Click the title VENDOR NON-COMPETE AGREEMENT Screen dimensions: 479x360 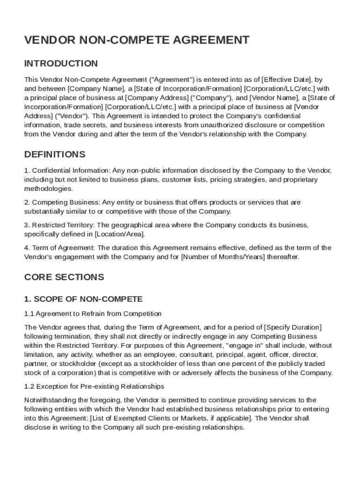[x=137, y=41]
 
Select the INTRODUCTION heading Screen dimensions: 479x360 [x=61, y=64]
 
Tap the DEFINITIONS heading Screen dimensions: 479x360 [x=55, y=154]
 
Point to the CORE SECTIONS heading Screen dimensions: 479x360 [x=64, y=277]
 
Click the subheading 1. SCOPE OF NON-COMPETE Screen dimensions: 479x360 [x=83, y=299]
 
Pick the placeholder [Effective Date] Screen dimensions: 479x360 [x=286, y=79]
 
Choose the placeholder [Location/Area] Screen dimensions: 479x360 [x=119, y=234]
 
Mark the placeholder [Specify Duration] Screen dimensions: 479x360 [x=293, y=327]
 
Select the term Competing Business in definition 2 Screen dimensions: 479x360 [x=59, y=203]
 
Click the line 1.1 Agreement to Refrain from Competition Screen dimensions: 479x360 [x=93, y=314]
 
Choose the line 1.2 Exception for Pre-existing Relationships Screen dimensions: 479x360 [x=94, y=387]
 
